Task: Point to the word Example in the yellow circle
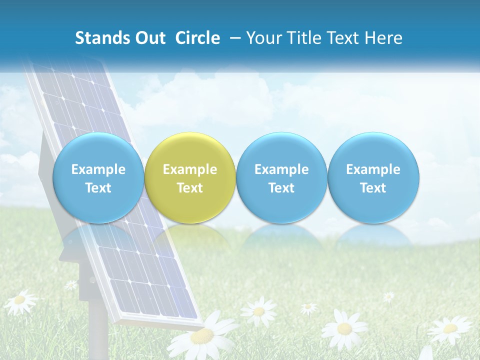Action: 190,169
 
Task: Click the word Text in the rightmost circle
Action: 373,188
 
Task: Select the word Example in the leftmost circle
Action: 98,169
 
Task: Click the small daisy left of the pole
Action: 71,285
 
